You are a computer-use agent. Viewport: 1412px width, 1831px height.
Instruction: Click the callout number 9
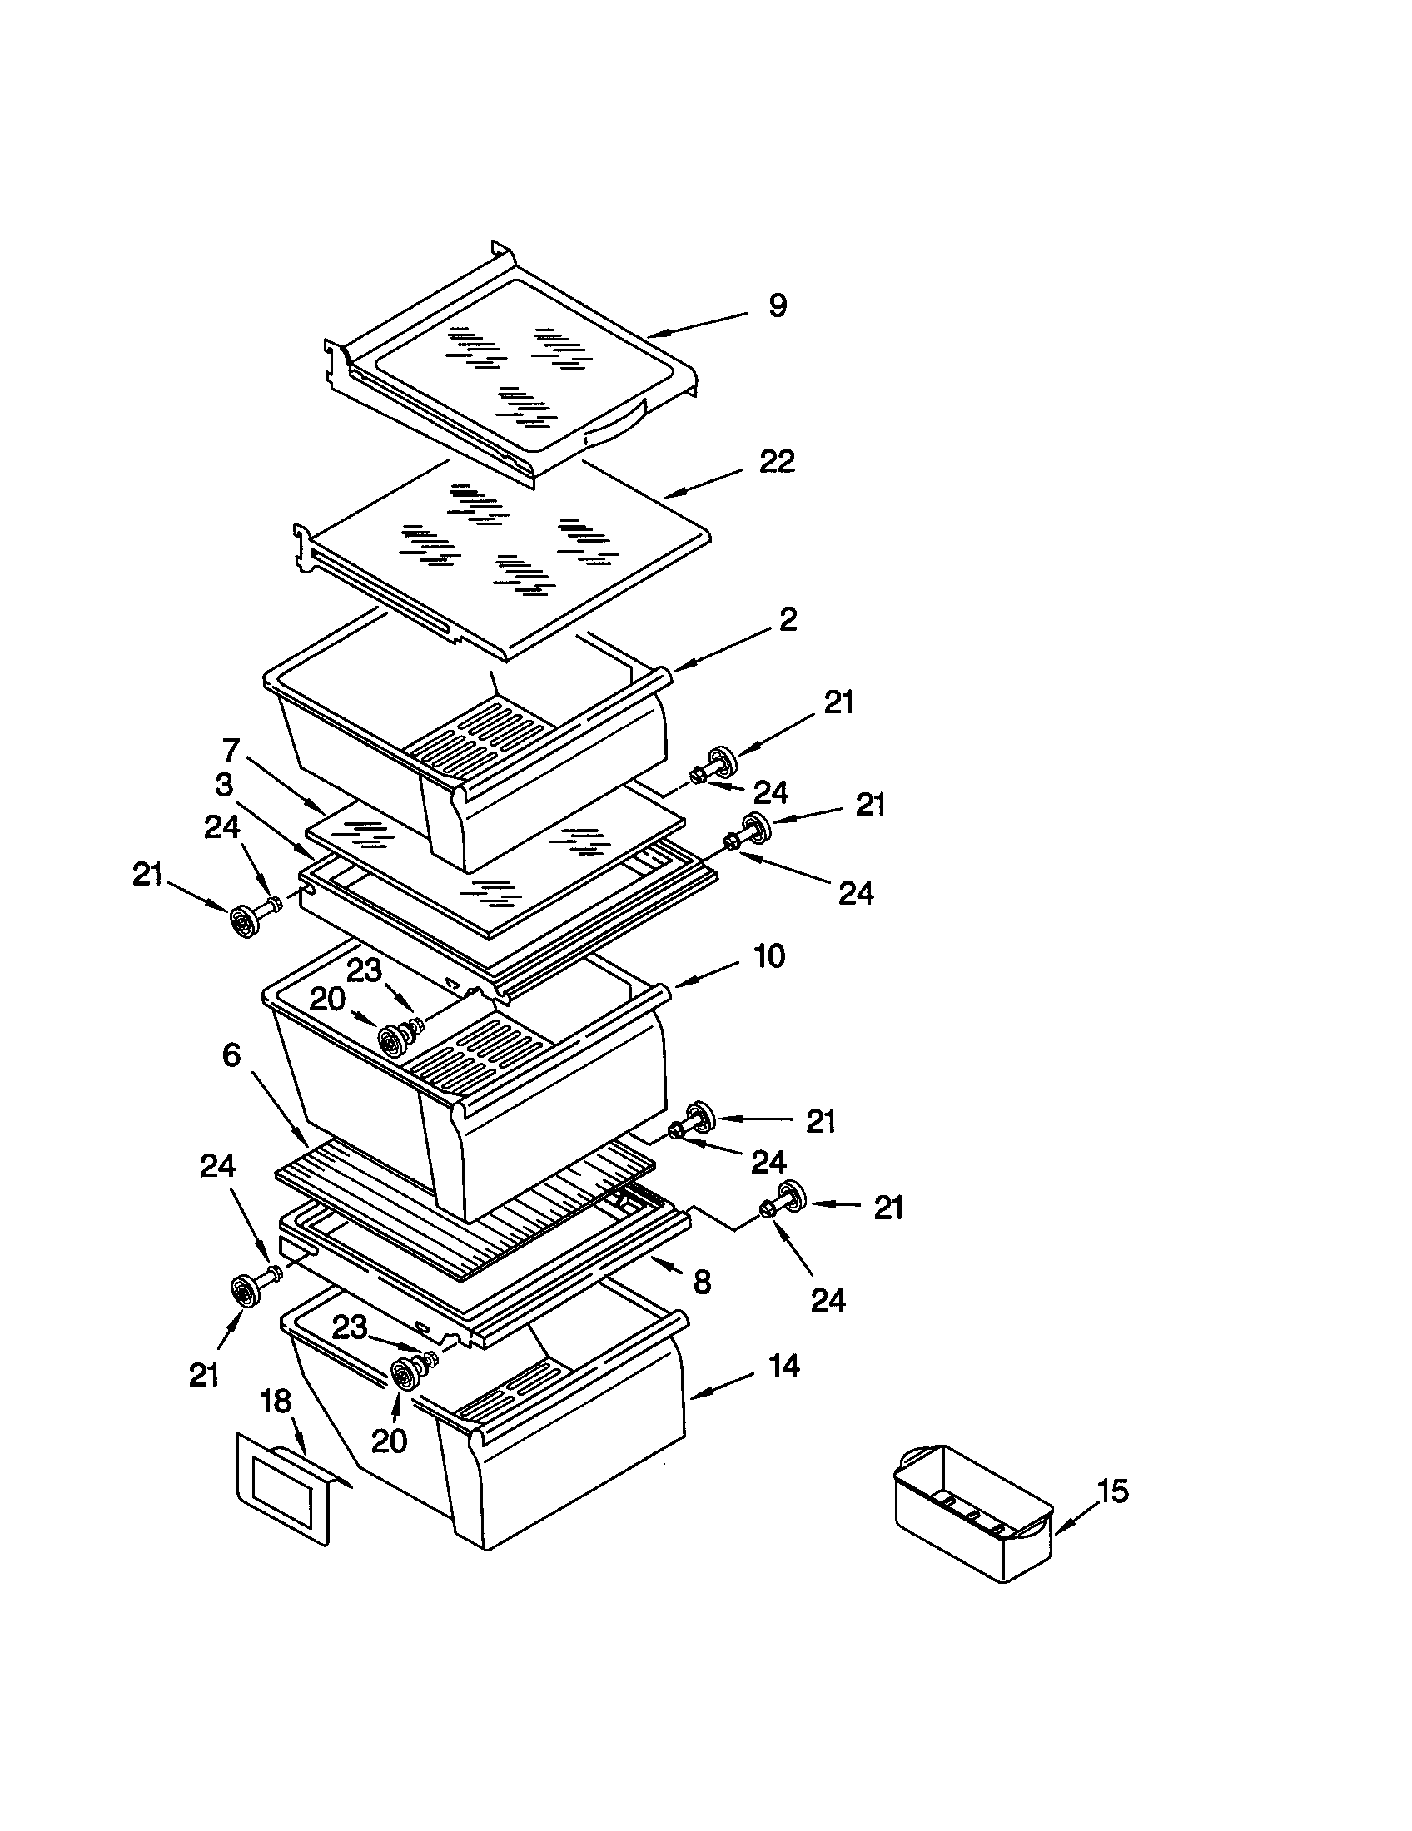pos(778,306)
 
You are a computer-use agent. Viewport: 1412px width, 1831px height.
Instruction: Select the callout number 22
pos(777,461)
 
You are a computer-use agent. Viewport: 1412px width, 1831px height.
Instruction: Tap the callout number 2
pos(788,620)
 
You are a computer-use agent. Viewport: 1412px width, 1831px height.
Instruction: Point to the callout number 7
pos(231,749)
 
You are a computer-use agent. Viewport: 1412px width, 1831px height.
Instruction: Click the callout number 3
pos(223,786)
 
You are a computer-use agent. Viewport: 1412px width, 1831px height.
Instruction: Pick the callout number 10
pos(769,955)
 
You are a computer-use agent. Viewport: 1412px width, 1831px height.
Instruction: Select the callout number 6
pos(231,1055)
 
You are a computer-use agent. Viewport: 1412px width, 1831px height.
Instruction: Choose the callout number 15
pos(1113,1491)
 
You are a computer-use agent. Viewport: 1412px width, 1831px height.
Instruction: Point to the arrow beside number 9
pos(696,325)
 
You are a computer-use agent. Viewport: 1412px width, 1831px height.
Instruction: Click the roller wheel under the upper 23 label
pos(391,1040)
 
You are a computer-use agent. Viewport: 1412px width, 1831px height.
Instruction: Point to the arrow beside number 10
pos(704,976)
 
